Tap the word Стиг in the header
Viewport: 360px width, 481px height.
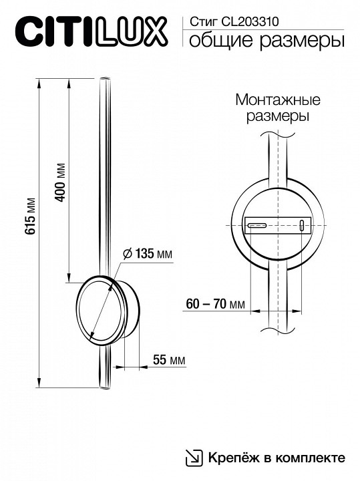point(203,22)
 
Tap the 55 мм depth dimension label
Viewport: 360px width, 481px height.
point(168,360)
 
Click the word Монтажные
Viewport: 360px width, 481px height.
point(278,100)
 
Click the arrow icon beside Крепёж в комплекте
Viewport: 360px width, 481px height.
point(194,457)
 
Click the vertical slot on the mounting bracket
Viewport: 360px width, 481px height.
point(301,225)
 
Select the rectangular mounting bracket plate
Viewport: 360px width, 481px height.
point(278,226)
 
